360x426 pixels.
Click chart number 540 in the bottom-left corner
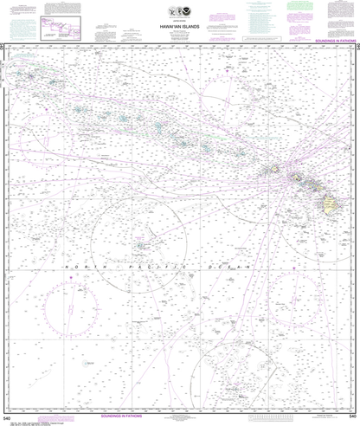(7, 417)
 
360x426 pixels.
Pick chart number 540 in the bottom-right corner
(352, 417)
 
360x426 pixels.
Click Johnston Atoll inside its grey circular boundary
(141, 245)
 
